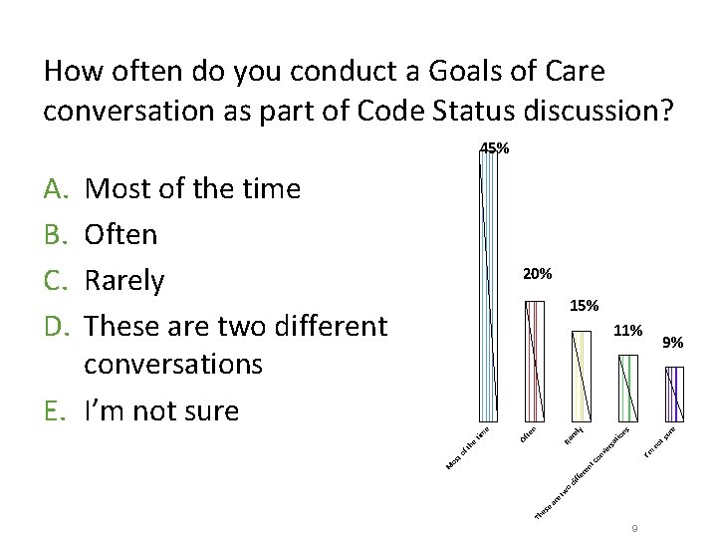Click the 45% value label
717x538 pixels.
pos(495,148)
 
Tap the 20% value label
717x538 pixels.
pos(538,273)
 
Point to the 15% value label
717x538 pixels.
pos(585,305)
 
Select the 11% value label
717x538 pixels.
pos(627,329)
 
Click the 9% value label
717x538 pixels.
pos(673,343)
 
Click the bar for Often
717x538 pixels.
pos(535,359)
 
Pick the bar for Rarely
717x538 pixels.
pos(582,375)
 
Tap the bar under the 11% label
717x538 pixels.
pos(628,387)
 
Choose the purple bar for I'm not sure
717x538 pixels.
pos(674,393)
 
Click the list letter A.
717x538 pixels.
pos(55,189)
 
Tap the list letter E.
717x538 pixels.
pos(55,409)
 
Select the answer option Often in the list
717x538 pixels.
pos(121,235)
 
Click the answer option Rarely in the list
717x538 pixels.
pos(124,281)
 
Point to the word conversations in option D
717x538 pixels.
pos(173,364)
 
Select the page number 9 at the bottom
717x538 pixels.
pos(633,528)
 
